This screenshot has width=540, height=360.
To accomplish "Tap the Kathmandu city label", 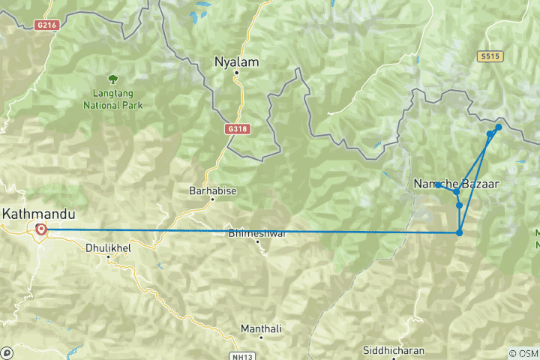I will coord(33,214).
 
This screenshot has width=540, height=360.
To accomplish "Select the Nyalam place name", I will coord(236,61).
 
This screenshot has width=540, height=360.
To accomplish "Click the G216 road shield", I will coord(46,25).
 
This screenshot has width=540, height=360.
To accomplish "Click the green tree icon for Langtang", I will coord(112,77).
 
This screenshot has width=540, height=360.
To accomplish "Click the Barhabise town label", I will coord(213,190).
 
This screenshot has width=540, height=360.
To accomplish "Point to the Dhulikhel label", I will coord(109,246).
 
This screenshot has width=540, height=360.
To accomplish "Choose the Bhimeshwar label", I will coord(257,233).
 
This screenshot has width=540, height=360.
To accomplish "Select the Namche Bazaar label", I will coord(456,184).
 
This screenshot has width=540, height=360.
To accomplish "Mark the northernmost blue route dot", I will coord(498,127).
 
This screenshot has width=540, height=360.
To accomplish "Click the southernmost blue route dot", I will coord(459,232).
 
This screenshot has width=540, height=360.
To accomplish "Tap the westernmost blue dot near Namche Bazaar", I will coord(437,184).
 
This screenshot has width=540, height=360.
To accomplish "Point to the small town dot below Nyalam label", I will coord(236,73).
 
